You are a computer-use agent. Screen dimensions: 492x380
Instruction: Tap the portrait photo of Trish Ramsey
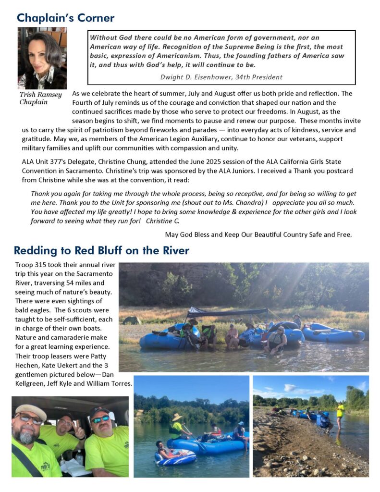[42, 58]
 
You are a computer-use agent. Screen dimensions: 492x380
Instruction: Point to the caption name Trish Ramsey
[41, 95]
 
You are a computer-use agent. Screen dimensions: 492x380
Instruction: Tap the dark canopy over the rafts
[226, 312]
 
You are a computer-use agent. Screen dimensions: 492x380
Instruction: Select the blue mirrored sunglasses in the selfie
[100, 419]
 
